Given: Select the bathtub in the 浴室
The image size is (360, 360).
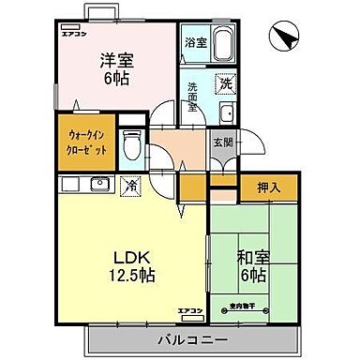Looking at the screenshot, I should point(225,47).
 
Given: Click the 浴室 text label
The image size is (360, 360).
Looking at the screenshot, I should point(195,41).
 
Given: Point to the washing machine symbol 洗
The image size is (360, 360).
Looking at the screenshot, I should point(225,84).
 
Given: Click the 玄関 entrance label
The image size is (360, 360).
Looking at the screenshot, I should point(221,142).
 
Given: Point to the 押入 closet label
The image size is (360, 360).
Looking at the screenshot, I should point(269,187).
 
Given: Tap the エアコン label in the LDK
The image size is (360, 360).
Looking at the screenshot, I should point(190,309).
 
